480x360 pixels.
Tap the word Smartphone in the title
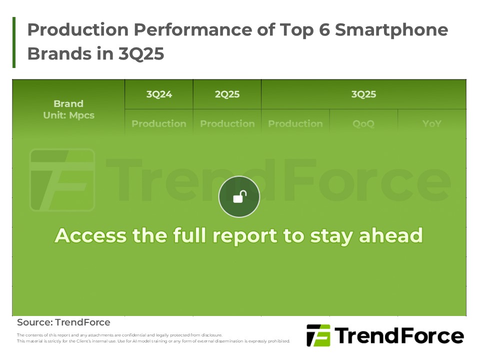tap(391, 30)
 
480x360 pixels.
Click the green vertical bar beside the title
tap(14, 42)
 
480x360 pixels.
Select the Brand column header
tap(68, 103)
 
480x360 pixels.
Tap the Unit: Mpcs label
tap(68, 115)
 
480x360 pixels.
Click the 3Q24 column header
tap(159, 94)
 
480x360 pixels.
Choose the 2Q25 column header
tap(227, 94)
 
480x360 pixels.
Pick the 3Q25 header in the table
tap(363, 94)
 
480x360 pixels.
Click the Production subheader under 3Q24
tap(159, 123)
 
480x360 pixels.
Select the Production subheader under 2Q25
tap(227, 123)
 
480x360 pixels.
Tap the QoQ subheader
tap(363, 123)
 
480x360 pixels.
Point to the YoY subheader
tap(431, 123)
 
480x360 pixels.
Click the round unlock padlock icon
tap(239, 196)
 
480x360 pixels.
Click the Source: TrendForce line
tap(63, 322)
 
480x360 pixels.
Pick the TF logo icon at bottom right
tap(318, 335)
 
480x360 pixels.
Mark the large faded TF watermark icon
tap(62, 179)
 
